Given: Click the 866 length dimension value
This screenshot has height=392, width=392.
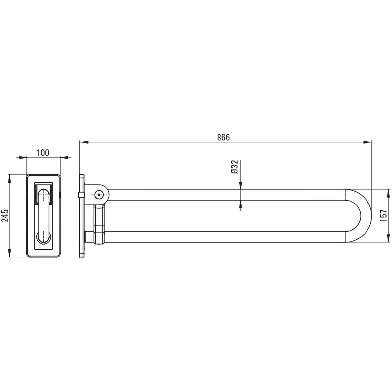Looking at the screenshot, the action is pos(223,138).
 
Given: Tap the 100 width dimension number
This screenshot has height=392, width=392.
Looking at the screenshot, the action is pos(43,153).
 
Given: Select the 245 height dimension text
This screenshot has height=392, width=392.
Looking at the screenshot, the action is pos(5,216).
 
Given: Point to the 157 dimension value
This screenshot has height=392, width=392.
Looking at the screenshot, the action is pos(383,216).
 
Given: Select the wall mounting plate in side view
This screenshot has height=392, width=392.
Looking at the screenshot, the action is pos(82,216).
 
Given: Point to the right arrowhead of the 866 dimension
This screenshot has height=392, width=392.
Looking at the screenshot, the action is pos(367,142).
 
